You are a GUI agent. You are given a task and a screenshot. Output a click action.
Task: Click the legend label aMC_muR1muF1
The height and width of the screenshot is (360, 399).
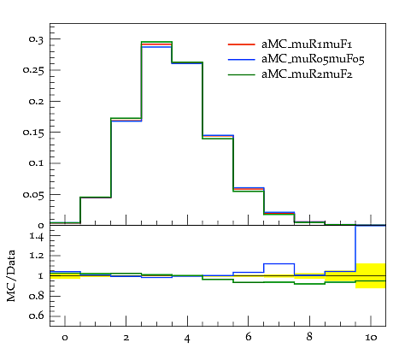(x=307, y=44)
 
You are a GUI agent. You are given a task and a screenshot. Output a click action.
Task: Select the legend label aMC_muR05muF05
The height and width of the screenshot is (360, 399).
(x=313, y=59)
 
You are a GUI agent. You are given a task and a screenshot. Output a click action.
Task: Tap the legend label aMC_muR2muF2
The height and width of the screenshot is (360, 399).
(x=307, y=74)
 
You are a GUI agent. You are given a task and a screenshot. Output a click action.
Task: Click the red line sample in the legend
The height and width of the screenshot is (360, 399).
(x=241, y=44)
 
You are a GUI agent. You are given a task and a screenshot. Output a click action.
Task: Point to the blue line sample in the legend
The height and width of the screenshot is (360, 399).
(x=241, y=59)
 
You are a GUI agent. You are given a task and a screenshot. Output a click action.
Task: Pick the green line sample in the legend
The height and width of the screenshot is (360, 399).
(x=241, y=74)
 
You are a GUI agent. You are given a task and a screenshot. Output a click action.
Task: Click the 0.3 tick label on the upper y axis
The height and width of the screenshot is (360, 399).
(x=36, y=39)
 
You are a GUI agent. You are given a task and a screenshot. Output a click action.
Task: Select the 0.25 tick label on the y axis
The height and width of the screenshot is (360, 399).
(x=33, y=70)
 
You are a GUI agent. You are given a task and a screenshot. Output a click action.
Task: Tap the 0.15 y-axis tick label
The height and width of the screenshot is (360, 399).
(x=33, y=133)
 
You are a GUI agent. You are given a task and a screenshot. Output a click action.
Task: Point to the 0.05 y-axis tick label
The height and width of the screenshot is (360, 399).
(x=33, y=195)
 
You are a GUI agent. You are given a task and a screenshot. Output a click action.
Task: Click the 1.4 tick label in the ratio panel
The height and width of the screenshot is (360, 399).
(x=37, y=236)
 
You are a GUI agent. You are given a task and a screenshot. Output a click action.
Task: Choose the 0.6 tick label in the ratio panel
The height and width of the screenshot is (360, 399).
(x=37, y=316)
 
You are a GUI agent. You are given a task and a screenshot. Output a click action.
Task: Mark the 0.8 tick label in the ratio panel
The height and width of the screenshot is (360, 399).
(x=37, y=296)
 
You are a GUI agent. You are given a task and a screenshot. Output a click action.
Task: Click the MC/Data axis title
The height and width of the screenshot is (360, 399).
(x=11, y=275)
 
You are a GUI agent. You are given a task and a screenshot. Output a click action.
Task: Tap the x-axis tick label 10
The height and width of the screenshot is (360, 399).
(x=371, y=338)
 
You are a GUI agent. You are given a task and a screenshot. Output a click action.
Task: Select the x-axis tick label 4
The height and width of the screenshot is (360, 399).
(x=187, y=339)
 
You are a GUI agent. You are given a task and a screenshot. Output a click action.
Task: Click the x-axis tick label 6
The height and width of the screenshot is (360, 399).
(x=249, y=337)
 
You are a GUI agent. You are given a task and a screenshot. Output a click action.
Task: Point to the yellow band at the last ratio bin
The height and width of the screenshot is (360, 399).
(x=371, y=275)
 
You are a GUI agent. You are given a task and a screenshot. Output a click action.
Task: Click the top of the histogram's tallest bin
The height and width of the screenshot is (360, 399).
(x=156, y=42)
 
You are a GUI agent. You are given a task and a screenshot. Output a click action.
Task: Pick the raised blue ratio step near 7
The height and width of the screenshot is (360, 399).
(x=279, y=264)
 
